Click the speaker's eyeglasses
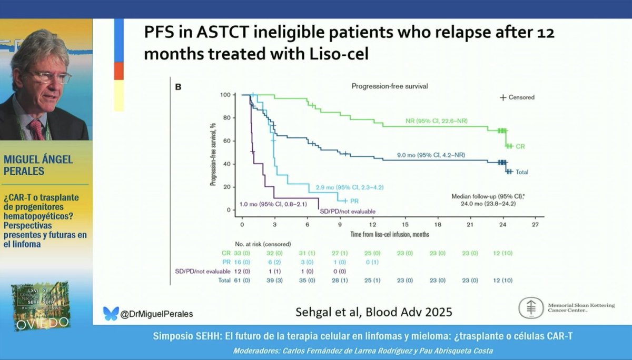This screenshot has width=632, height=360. click(x=50, y=77)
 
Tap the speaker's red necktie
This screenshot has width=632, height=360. click(x=37, y=129)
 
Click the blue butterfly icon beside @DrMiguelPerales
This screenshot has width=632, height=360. click(x=111, y=313)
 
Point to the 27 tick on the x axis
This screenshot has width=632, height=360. click(x=535, y=224)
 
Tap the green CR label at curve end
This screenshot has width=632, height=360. click(x=520, y=146)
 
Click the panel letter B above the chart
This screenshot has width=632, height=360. click(x=177, y=86)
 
